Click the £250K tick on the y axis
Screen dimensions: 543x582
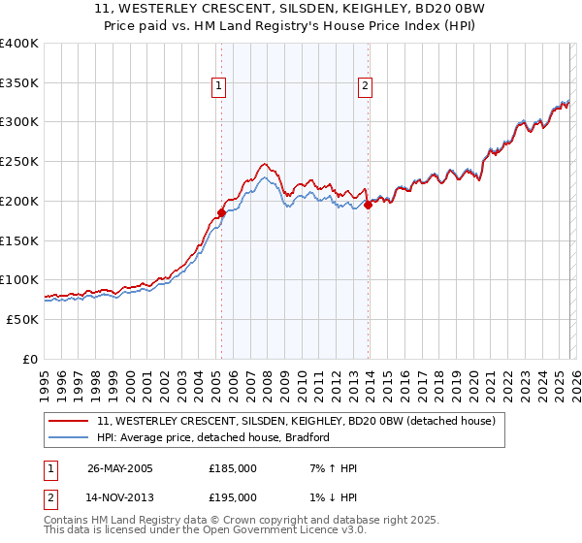(x=19, y=162)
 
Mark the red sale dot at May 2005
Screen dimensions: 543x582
(x=221, y=212)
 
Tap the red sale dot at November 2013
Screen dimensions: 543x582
(x=369, y=205)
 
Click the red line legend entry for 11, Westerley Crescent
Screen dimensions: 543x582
(x=296, y=421)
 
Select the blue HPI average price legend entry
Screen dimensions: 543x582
(x=213, y=437)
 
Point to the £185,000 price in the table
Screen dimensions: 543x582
(x=233, y=468)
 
